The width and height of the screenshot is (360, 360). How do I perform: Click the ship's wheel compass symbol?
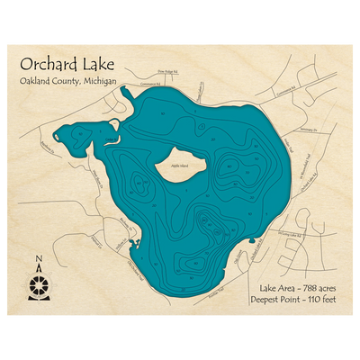pyautogui.click(x=38, y=286)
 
